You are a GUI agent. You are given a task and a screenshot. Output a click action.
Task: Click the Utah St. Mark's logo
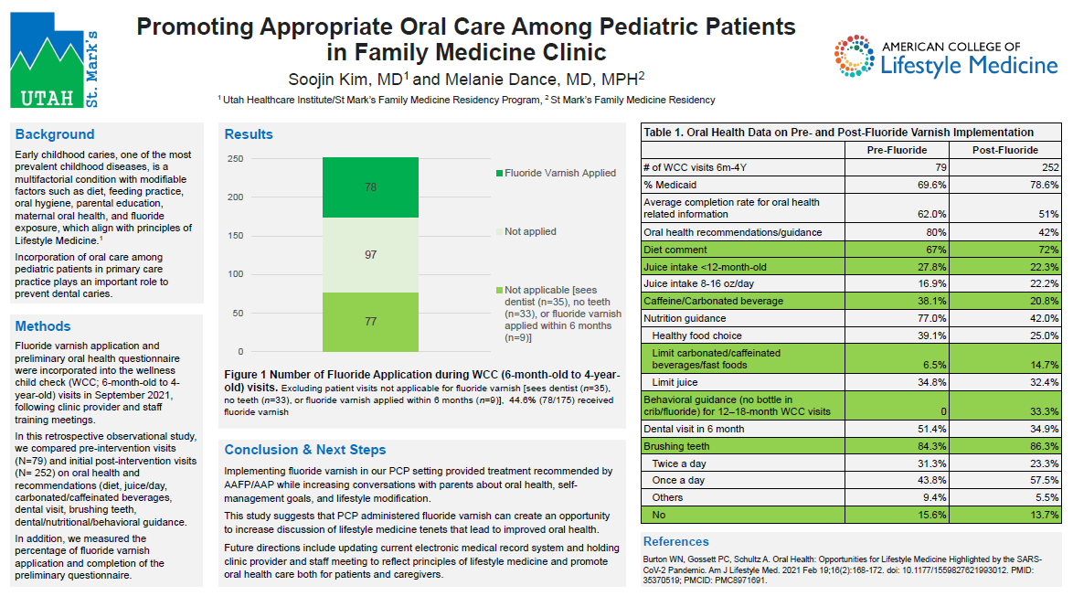tap(54, 62)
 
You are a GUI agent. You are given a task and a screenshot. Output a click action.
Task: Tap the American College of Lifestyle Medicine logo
tap(945, 57)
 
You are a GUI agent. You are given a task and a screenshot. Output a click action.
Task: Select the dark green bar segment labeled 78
tap(370, 187)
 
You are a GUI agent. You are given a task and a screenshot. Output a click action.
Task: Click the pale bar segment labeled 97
tap(370, 255)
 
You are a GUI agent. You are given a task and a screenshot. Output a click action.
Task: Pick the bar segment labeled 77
tap(370, 322)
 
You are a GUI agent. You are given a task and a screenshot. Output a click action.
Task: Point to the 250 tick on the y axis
tap(236, 158)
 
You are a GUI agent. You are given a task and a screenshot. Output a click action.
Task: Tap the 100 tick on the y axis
tap(236, 274)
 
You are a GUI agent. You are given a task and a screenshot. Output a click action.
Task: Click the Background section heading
tap(55, 134)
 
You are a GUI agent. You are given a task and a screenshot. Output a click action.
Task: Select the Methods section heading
tap(43, 326)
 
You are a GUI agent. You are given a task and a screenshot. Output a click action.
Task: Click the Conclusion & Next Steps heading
tap(305, 450)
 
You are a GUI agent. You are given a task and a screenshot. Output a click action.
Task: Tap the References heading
tap(676, 541)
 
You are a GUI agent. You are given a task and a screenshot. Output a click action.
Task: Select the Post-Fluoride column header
tap(1004, 150)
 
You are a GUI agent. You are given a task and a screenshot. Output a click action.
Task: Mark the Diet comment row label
tap(675, 250)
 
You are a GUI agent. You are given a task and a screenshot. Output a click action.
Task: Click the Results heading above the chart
tap(249, 134)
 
